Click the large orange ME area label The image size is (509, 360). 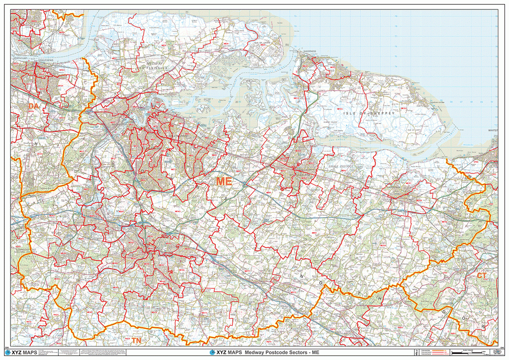[224, 182]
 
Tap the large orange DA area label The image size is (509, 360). [33, 106]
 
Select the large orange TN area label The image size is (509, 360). [136, 341]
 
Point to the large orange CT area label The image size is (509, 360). [482, 275]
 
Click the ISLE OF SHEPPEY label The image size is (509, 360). [368, 114]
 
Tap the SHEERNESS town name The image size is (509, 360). [310, 51]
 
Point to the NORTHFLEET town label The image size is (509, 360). [22, 59]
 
